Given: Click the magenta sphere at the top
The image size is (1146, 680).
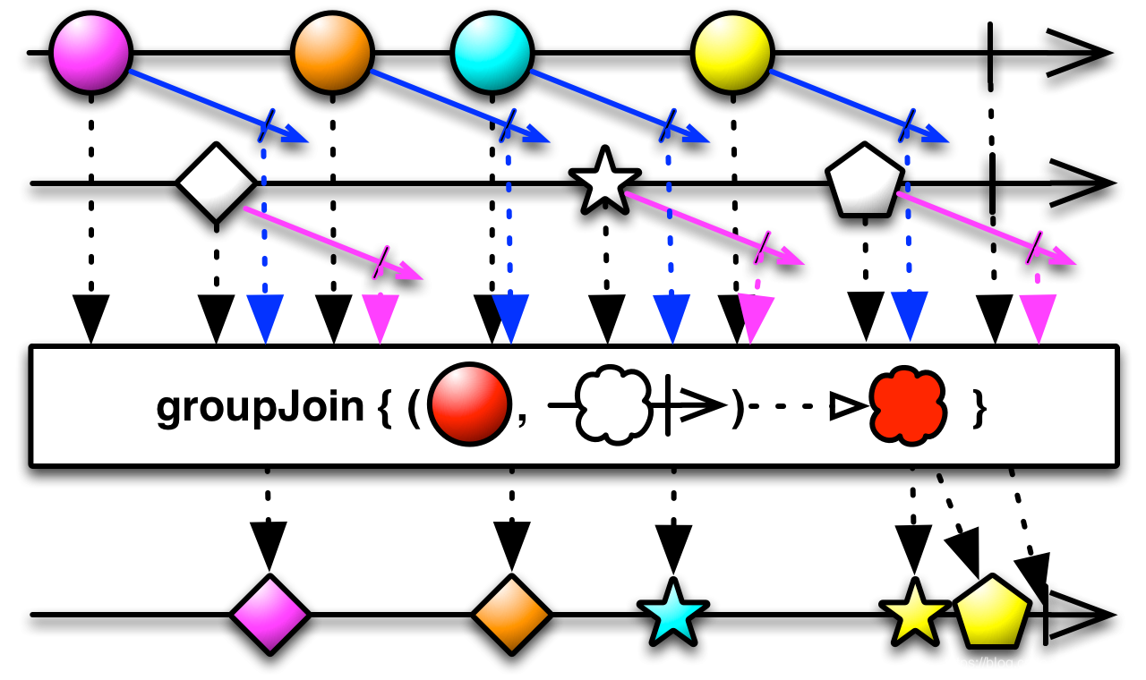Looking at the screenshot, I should (90, 53).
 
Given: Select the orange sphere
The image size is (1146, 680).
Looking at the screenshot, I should (332, 53).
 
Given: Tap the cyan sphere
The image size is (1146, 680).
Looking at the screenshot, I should (492, 53).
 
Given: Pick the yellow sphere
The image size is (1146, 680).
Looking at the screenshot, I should (732, 53).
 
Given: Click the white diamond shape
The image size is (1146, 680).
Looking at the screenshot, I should (216, 183).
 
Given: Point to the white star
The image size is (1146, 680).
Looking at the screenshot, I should (605, 183).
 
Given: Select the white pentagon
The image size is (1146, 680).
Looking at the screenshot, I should (864, 182).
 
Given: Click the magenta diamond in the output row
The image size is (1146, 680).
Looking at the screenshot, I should (269, 615).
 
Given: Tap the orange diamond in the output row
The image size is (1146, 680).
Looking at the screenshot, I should (511, 615).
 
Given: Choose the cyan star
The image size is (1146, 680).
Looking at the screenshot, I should (673, 615).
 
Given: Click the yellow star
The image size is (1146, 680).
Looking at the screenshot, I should (915, 615).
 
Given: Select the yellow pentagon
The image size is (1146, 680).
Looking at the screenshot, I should (992, 613).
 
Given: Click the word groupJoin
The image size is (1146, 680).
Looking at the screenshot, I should (260, 407).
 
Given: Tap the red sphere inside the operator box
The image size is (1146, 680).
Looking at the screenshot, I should (469, 404).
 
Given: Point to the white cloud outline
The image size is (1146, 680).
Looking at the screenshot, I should (613, 404).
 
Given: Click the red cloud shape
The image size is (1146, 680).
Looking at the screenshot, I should (908, 405).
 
